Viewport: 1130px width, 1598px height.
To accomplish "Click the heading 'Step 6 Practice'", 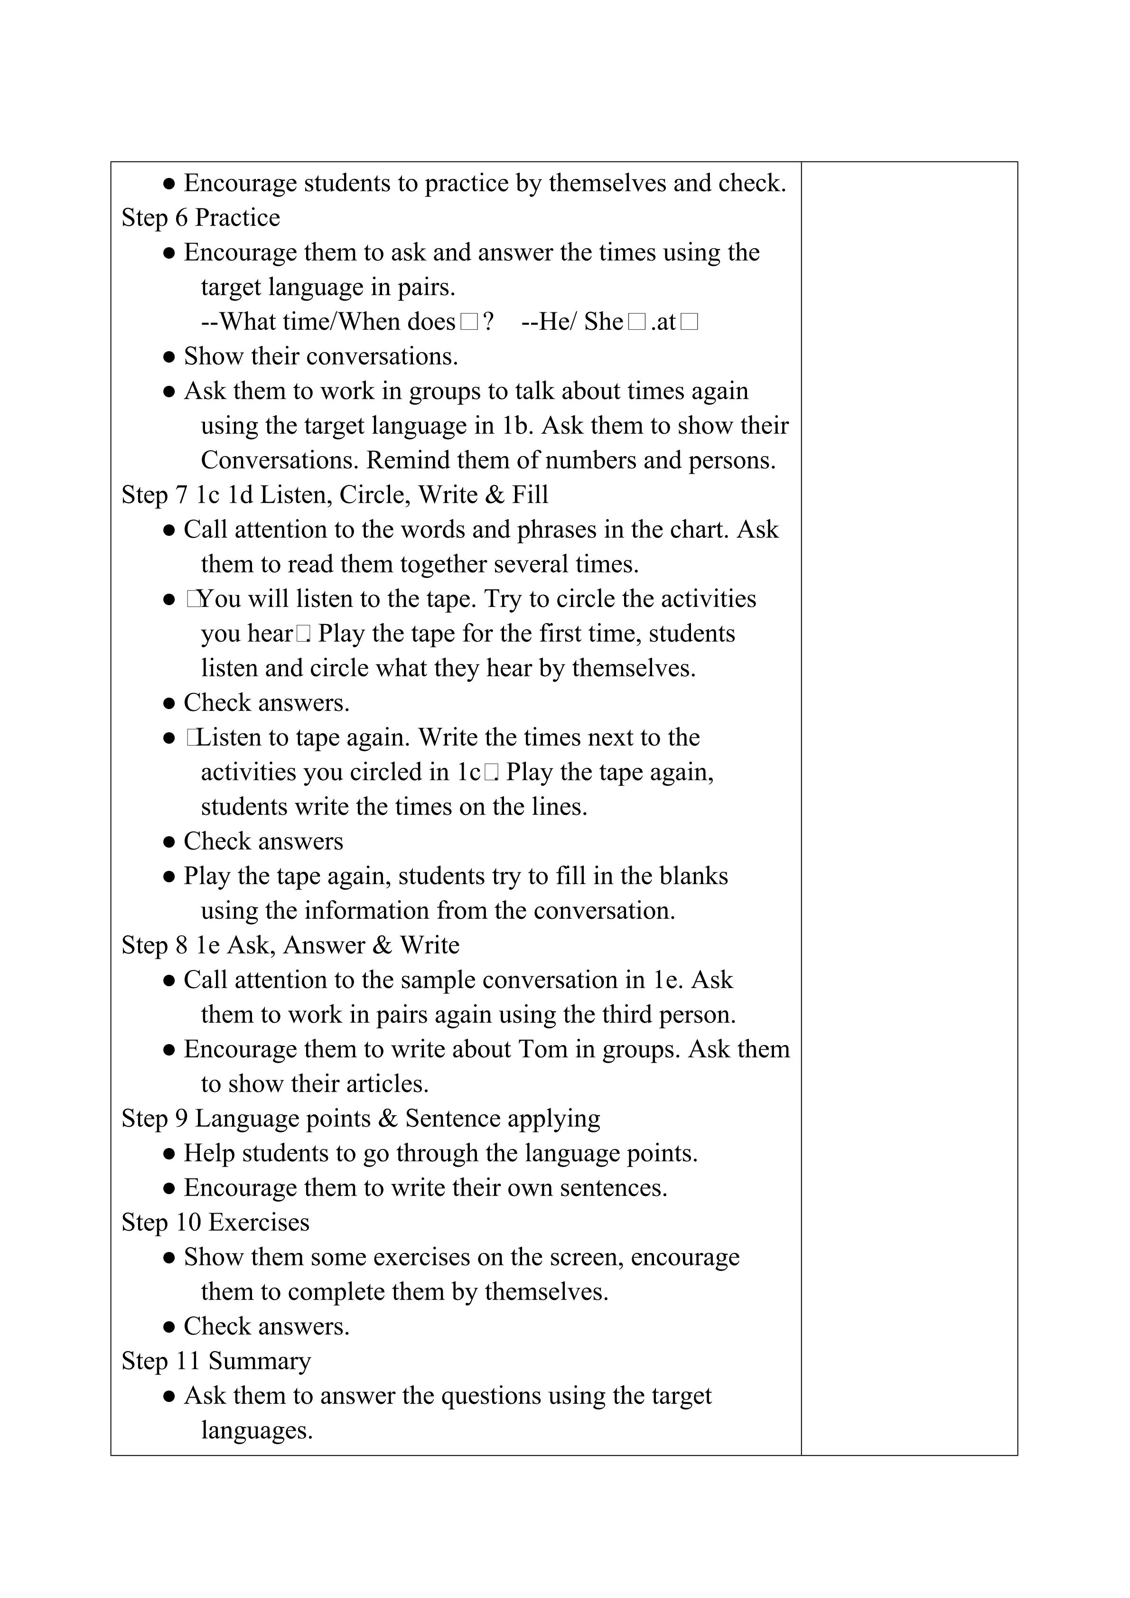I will coord(200,218).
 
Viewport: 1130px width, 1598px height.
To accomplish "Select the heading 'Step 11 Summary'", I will coord(216,1361).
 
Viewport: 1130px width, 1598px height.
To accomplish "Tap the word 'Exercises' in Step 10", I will coord(258,1222).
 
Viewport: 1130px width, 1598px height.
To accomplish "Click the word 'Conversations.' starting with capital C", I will coord(280,460).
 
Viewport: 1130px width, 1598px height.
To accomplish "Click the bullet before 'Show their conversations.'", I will coord(168,357).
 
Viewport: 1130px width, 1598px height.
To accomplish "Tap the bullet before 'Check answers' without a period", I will coord(168,842).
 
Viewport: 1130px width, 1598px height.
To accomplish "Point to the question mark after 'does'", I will coord(488,322).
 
